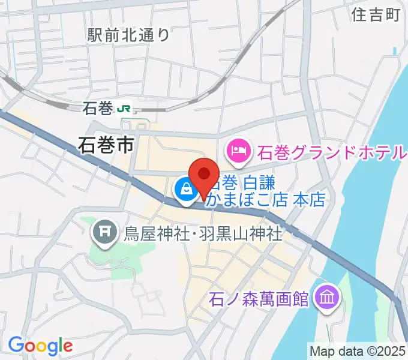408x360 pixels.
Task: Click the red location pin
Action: click(205, 175)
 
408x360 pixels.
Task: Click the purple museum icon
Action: click(328, 296)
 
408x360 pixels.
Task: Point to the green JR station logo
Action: click(125, 109)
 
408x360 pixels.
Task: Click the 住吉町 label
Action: click(376, 15)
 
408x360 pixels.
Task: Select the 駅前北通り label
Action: click(128, 35)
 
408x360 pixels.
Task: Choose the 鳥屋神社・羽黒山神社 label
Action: click(203, 232)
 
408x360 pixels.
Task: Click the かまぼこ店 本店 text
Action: click(265, 200)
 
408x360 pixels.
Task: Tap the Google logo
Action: click(40, 345)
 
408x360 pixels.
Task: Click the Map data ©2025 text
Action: click(358, 350)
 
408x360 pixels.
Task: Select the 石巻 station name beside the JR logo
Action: click(98, 109)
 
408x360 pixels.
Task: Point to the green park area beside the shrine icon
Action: click(120, 249)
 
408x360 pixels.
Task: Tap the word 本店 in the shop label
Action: click(309, 200)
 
